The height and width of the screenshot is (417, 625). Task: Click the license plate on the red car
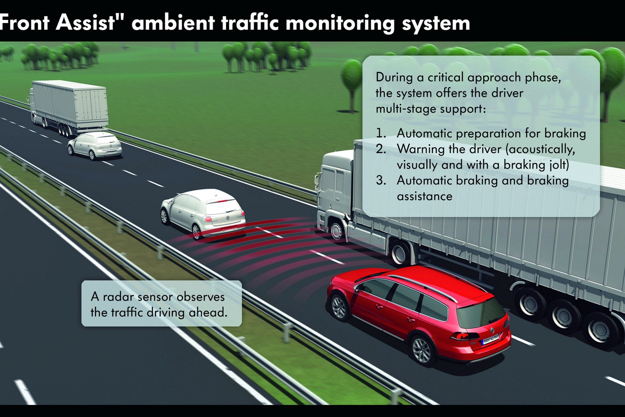pyautogui.click(x=490, y=340)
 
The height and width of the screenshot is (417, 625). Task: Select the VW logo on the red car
pyautogui.click(x=492, y=330)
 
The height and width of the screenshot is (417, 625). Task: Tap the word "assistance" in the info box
pyautogui.click(x=424, y=196)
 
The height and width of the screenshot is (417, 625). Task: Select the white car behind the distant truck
pyautogui.click(x=95, y=146)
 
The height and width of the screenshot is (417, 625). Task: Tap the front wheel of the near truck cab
pyautogui.click(x=336, y=231)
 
